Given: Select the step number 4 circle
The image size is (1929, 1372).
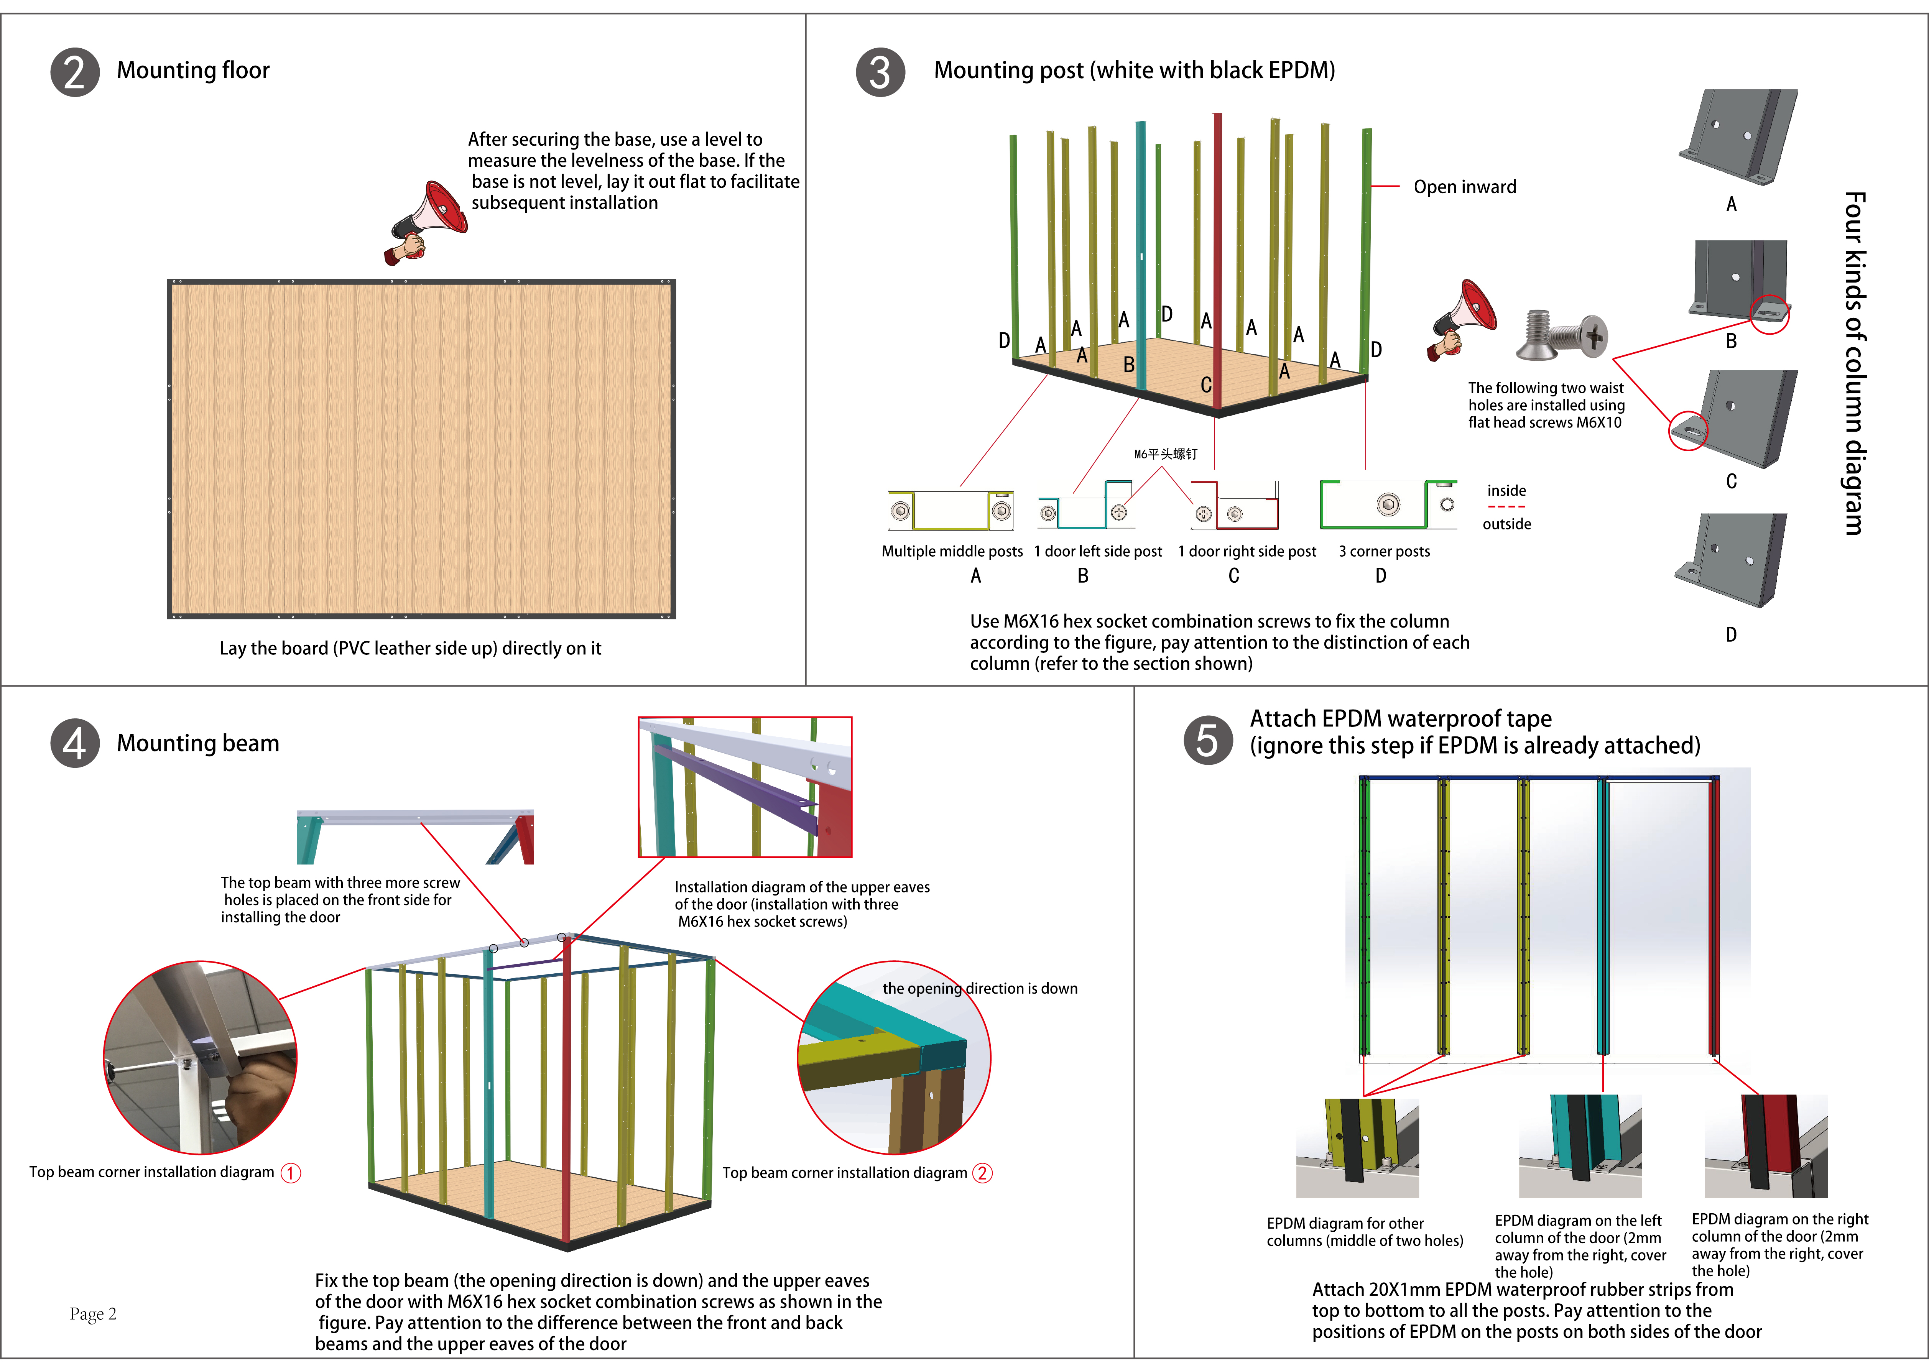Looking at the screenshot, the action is (75, 743).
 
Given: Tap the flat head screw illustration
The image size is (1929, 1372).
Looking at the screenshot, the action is (1562, 335).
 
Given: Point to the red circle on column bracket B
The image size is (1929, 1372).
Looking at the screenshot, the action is (1769, 314).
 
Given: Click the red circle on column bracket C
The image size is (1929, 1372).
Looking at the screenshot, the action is (1688, 431).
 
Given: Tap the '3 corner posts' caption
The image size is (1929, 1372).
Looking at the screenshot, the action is (1384, 552).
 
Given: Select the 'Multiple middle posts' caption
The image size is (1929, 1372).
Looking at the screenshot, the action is (952, 552).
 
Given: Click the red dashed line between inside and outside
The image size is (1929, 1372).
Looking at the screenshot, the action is (1506, 507).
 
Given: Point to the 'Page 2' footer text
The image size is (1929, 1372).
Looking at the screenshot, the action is (93, 1314).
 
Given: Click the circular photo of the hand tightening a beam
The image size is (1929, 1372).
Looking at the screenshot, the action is (200, 1058).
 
